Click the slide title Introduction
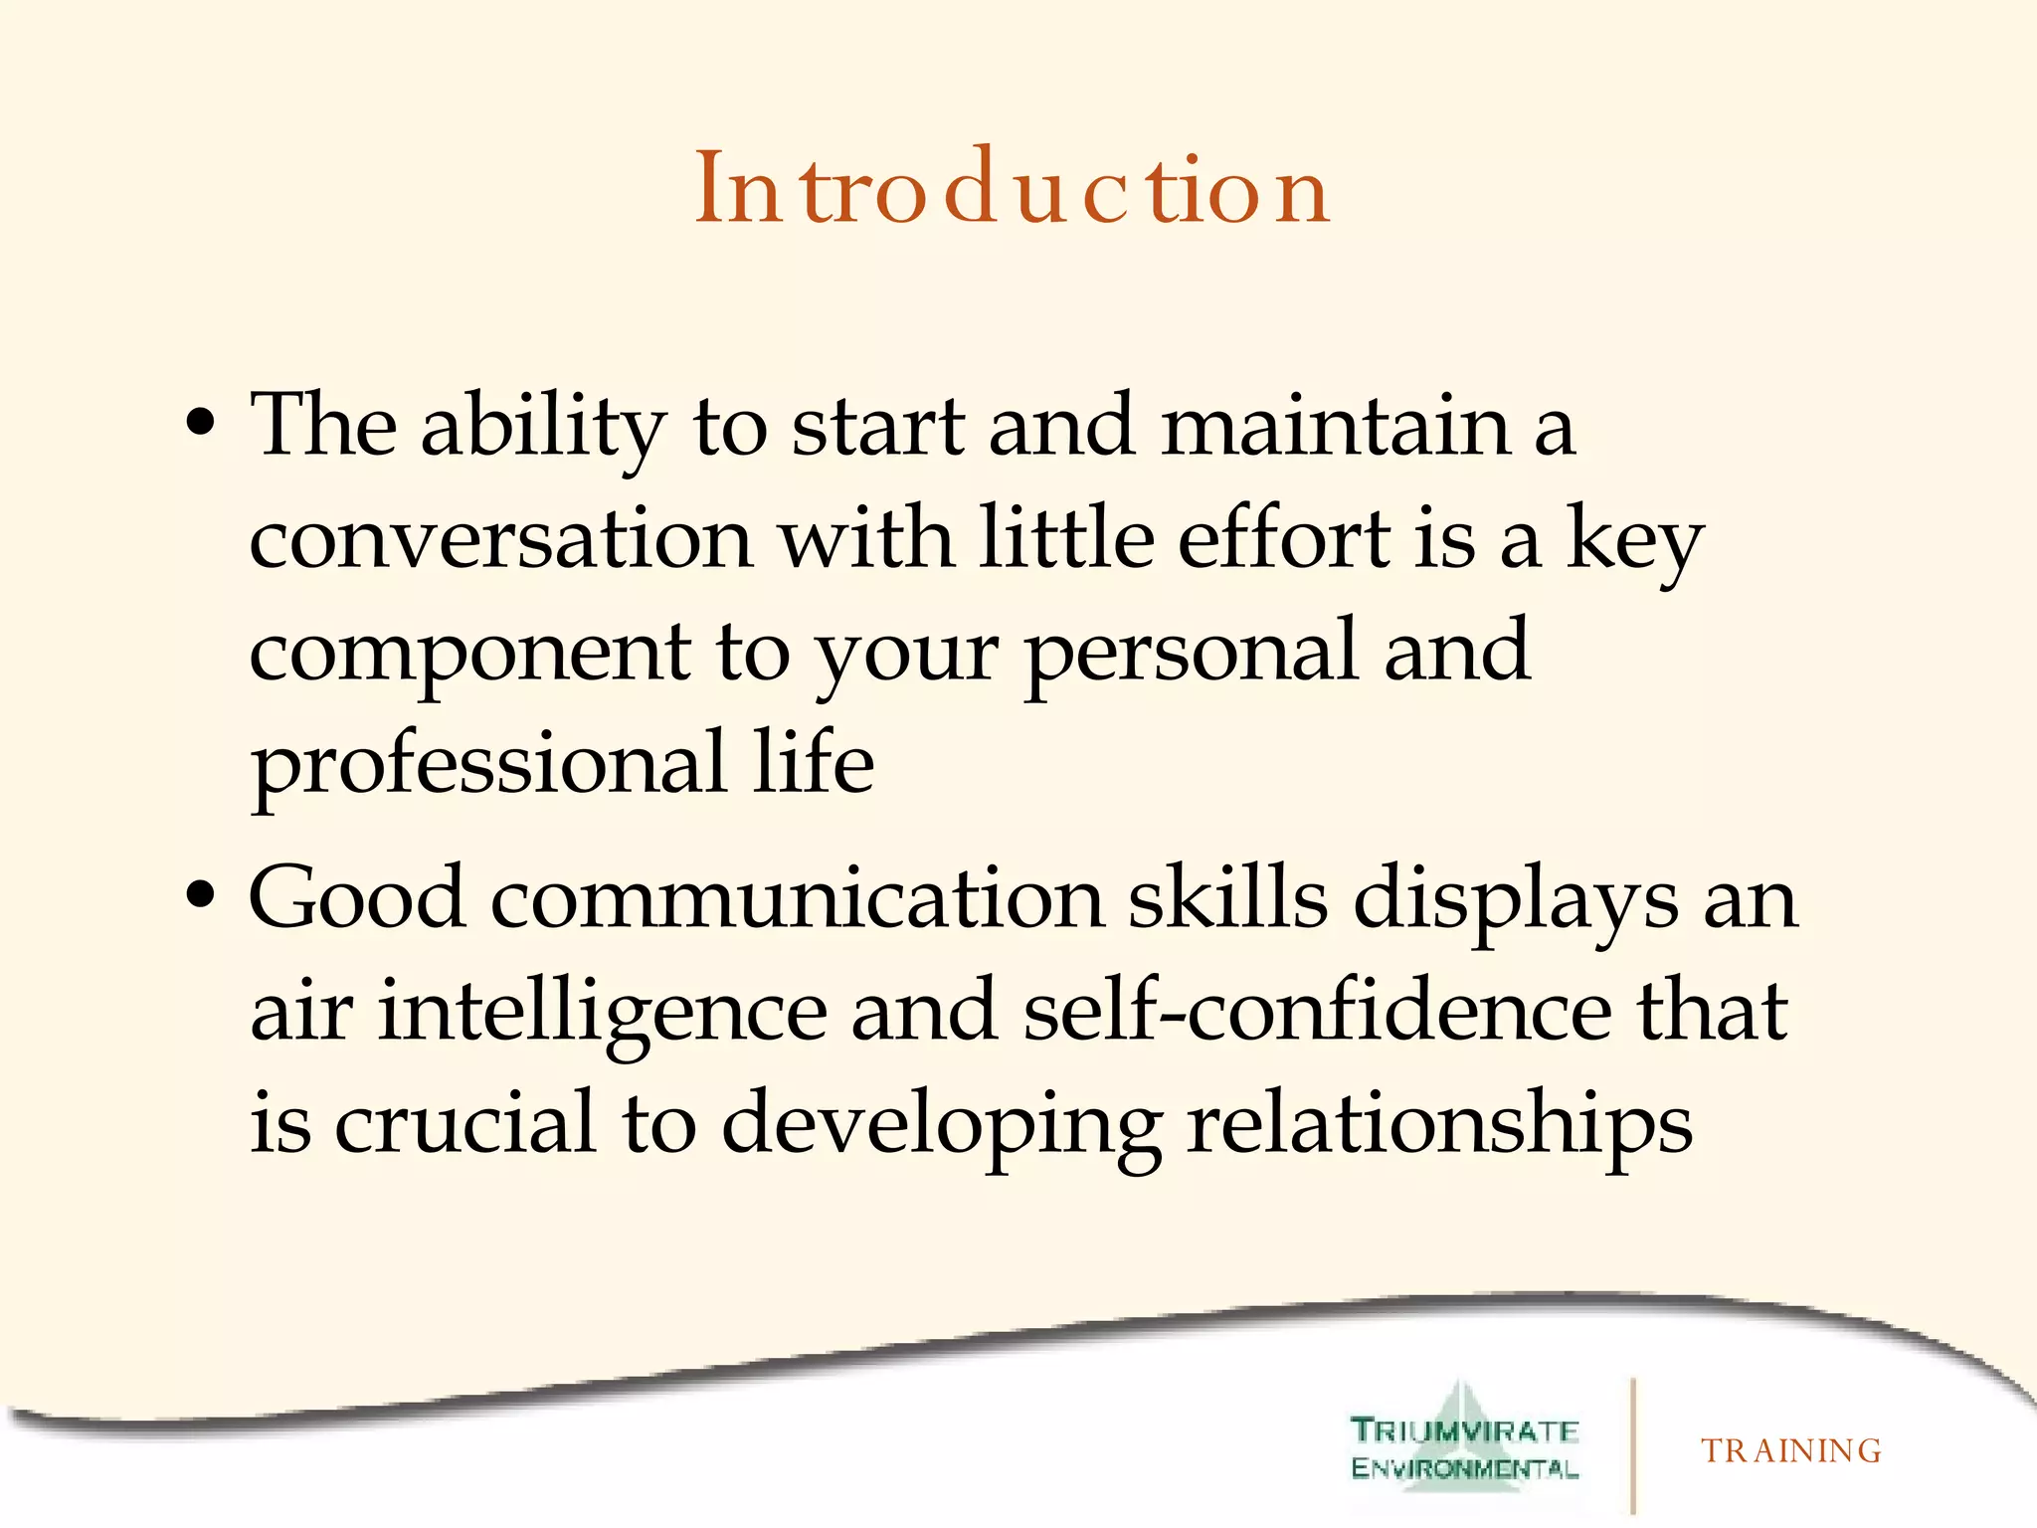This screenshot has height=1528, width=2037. coord(1012,188)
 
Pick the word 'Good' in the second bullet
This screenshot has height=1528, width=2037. coord(357,897)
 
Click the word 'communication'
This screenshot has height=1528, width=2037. coord(797,899)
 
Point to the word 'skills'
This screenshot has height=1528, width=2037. coord(1227,897)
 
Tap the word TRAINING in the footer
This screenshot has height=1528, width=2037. coord(1790,1451)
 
